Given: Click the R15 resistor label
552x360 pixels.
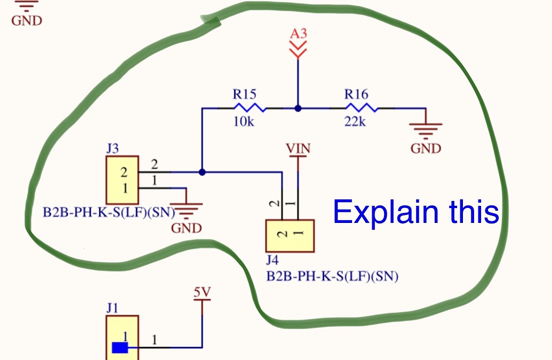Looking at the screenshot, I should [x=244, y=94].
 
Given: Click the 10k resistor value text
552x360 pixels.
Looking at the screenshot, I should [x=244, y=122].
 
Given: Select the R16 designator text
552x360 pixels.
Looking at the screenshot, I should [x=356, y=94].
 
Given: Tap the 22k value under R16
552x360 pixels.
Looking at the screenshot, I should [x=355, y=122].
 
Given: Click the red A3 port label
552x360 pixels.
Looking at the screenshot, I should [x=298, y=34].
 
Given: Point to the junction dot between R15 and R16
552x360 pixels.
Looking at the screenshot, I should [x=298, y=108].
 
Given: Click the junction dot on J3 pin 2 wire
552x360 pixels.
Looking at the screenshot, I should [x=202, y=172].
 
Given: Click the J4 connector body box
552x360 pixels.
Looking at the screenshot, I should [x=290, y=235].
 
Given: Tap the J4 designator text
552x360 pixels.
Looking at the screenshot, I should [x=273, y=261].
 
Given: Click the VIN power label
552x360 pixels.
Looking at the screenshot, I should [x=298, y=148].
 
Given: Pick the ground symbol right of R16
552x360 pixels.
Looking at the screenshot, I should [x=426, y=129].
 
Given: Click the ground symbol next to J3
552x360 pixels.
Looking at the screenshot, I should [x=186, y=211].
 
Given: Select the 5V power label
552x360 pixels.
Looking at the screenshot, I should [x=202, y=292].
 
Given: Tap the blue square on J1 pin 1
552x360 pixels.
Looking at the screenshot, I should [x=120, y=348].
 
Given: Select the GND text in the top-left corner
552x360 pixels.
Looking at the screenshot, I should [x=26, y=21].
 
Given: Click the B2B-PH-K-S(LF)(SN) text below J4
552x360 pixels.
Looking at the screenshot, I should [x=333, y=277].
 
